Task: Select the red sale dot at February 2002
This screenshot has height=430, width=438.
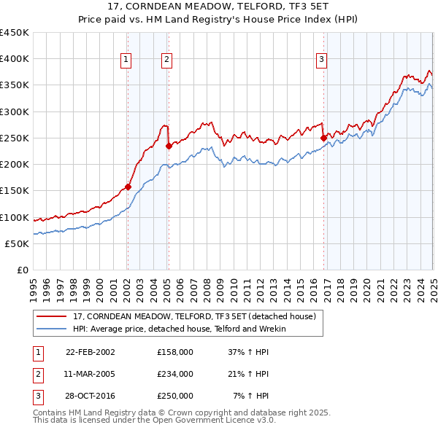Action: (x=128, y=187)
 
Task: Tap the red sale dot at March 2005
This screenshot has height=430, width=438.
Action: (x=169, y=146)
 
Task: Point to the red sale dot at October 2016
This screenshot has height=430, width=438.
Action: (x=323, y=137)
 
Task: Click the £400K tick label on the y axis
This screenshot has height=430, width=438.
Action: (x=15, y=59)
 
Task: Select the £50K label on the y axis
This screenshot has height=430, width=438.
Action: (x=18, y=243)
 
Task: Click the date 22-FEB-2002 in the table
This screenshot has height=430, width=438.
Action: (x=91, y=351)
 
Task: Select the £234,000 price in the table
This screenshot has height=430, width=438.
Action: (x=175, y=374)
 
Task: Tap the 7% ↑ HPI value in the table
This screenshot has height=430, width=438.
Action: (x=252, y=396)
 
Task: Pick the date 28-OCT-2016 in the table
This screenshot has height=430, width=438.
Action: (x=91, y=396)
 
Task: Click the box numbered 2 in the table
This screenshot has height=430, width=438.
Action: (x=36, y=374)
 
